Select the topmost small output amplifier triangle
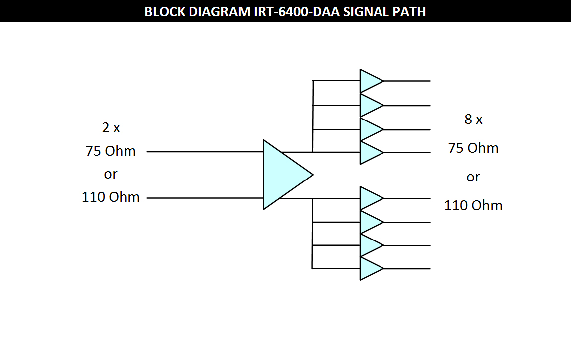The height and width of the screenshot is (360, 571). pyautogui.click(x=370, y=81)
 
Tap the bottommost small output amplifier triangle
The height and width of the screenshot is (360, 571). pyautogui.click(x=370, y=268)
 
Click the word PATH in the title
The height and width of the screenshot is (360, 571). pyautogui.click(x=410, y=11)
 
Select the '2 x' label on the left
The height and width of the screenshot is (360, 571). pyautogui.click(x=111, y=128)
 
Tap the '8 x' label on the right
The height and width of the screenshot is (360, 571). pyautogui.click(x=473, y=120)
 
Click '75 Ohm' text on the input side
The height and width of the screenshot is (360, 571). pyautogui.click(x=111, y=151)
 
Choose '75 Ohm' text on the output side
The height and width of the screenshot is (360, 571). pyautogui.click(x=473, y=148)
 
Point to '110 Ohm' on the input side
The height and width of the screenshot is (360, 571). pyautogui.click(x=111, y=197)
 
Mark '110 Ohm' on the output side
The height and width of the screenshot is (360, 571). pyautogui.click(x=473, y=206)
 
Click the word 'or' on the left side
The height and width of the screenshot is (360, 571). pyautogui.click(x=111, y=175)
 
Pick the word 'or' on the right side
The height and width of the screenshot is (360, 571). pyautogui.click(x=473, y=177)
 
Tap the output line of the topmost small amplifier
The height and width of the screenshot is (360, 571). pyautogui.click(x=407, y=81)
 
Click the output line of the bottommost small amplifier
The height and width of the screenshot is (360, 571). pyautogui.click(x=407, y=269)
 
